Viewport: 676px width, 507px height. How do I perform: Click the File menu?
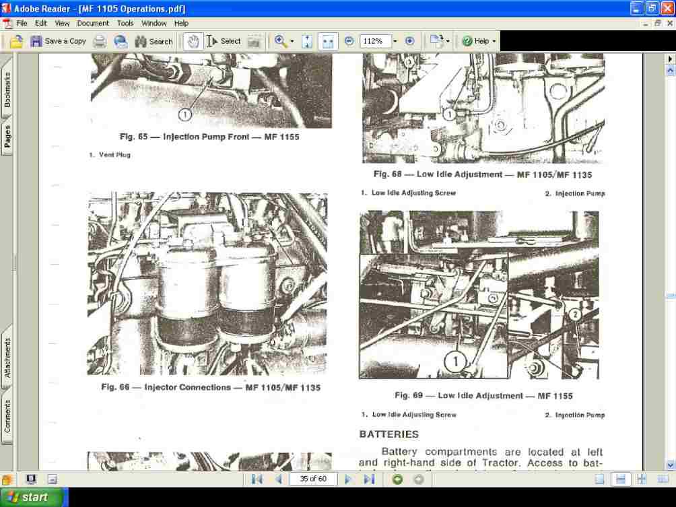click(x=22, y=23)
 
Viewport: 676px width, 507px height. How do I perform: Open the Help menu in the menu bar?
click(x=181, y=23)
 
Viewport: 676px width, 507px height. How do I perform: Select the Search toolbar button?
click(x=154, y=41)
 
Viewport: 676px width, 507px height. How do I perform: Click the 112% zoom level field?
click(x=374, y=41)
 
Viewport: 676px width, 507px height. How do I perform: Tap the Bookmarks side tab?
click(x=7, y=90)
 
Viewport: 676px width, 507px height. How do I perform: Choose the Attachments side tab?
click(x=7, y=358)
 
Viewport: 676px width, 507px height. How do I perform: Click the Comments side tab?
click(x=7, y=416)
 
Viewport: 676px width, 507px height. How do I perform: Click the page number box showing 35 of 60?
click(x=313, y=479)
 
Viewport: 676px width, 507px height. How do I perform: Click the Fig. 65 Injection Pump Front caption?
click(x=209, y=137)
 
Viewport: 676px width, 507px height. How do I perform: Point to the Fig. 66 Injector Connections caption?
click(x=211, y=387)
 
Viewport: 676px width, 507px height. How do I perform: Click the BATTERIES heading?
click(x=388, y=434)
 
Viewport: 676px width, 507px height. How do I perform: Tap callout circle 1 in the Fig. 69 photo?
click(x=455, y=362)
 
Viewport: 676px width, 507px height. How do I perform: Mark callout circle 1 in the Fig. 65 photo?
click(x=186, y=114)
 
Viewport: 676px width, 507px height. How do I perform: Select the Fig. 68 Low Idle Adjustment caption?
click(x=482, y=174)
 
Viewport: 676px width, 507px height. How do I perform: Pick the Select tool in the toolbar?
click(x=224, y=41)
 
